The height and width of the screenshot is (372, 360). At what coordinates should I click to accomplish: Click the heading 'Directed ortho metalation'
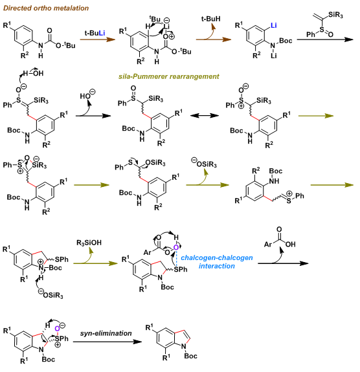46,8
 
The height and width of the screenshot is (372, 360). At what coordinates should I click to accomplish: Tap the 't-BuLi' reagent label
95,33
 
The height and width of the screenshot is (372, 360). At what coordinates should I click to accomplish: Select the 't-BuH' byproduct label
211,19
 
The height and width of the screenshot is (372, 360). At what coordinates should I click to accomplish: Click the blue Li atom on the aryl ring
274,25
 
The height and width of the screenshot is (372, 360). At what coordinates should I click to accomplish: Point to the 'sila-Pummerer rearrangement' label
168,76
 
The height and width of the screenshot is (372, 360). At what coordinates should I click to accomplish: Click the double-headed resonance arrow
205,116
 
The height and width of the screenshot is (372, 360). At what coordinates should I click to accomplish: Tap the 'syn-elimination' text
106,333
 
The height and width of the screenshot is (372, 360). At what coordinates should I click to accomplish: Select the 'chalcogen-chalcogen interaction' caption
217,261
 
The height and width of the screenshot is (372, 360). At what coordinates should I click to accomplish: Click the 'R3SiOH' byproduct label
89,243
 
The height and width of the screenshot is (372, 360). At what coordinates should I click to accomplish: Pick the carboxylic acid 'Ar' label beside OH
268,244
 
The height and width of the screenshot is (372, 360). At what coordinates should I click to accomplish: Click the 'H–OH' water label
33,73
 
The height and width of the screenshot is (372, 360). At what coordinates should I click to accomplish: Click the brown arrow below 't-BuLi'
98,39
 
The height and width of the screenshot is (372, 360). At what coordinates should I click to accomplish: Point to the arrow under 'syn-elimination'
107,342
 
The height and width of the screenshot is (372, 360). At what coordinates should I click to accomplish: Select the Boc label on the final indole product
191,356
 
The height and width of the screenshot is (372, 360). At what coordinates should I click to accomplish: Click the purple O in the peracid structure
176,247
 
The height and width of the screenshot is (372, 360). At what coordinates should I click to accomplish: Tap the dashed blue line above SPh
176,258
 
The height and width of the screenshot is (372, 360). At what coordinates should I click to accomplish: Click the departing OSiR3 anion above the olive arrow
205,163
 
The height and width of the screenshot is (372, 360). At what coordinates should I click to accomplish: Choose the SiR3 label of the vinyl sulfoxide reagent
335,15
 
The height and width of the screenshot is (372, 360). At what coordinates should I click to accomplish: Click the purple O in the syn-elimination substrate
57,329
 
